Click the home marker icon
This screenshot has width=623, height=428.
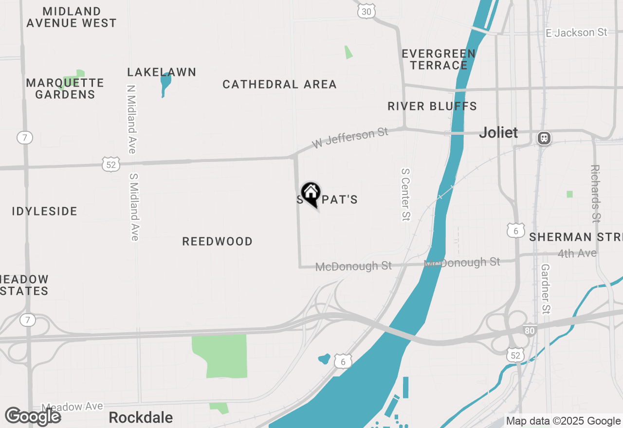tap(311, 193)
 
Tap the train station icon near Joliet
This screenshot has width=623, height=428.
tap(544, 138)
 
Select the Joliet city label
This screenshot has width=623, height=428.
tap(498, 132)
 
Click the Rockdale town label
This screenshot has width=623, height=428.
tap(141, 417)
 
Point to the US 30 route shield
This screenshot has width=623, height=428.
tap(366, 11)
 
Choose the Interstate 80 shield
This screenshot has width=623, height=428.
tap(531, 331)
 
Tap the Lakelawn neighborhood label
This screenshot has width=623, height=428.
tap(162, 72)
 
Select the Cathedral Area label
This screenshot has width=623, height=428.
tap(279, 85)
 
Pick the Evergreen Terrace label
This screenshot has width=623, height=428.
tap(439, 59)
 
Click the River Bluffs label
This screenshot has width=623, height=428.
tap(432, 106)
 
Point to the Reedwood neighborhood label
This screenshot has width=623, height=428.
tap(217, 242)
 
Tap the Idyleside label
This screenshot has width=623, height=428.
tap(45, 212)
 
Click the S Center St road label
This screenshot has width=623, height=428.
tap(405, 195)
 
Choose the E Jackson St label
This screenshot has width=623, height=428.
tap(577, 33)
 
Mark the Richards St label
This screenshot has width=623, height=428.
tap(595, 194)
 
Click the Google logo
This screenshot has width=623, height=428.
tap(33, 416)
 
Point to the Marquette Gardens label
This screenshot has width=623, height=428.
tap(65, 89)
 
